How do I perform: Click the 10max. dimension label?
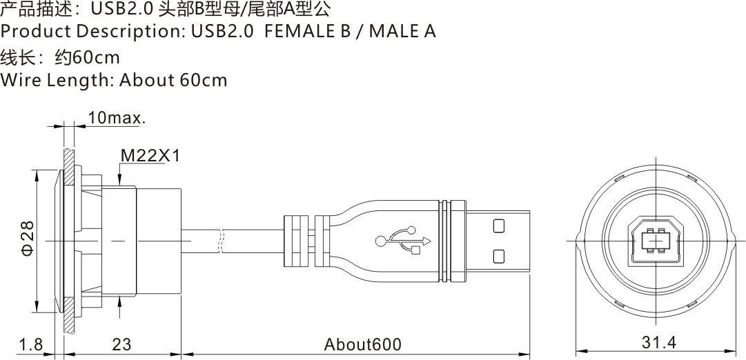tap(116, 118)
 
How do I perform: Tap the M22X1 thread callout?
tap(150, 156)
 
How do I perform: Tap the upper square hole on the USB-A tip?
tap(499, 225)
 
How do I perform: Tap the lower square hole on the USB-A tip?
tap(499, 257)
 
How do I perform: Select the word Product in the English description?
tap(36, 32)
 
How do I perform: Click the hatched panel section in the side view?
tap(68, 241)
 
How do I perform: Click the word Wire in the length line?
tap(20, 80)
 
